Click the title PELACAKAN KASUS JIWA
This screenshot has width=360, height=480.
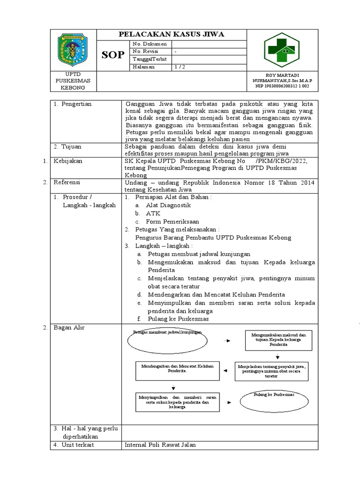click(x=171, y=34)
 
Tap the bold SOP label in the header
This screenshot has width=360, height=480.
click(x=113, y=55)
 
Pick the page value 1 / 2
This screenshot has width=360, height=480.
click(x=180, y=67)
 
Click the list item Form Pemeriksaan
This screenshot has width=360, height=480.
click(x=172, y=221)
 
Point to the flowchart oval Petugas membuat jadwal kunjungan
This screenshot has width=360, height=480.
click(x=167, y=341)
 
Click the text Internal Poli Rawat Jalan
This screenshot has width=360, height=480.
click(x=160, y=445)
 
